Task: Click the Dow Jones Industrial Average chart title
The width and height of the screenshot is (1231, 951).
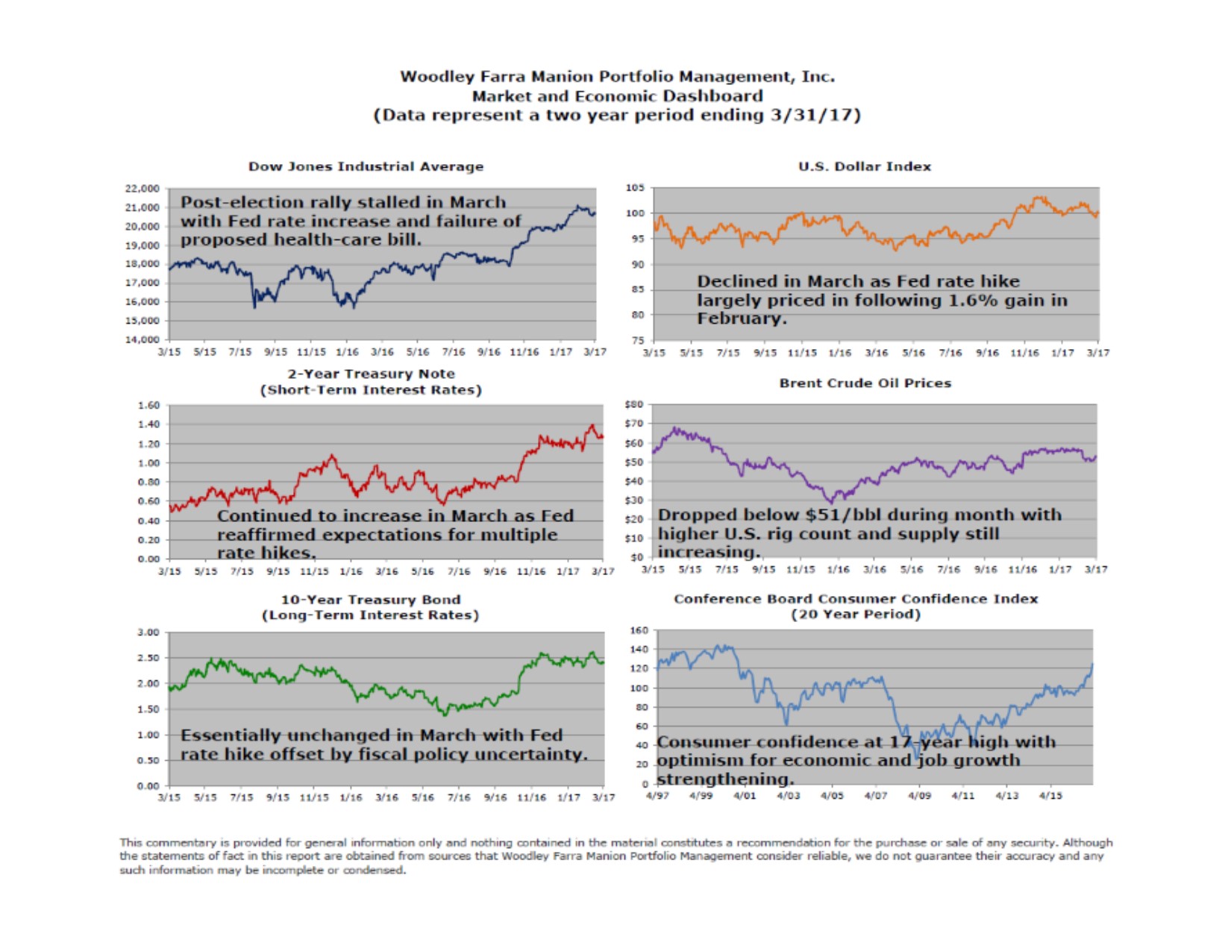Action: [x=366, y=166]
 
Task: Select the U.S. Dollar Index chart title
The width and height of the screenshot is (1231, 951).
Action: [x=865, y=166]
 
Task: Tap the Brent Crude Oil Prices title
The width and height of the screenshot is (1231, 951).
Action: [x=865, y=383]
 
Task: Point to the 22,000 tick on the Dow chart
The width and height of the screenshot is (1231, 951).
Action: [x=142, y=189]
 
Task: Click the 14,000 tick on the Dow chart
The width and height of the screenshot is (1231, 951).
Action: [x=142, y=340]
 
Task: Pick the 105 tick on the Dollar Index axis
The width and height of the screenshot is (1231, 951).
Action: [x=635, y=188]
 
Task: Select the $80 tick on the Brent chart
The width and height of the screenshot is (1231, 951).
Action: [x=633, y=405]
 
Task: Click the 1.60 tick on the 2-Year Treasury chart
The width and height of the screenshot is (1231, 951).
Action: [x=148, y=406]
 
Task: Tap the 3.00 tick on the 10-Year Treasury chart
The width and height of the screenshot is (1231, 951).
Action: [x=148, y=633]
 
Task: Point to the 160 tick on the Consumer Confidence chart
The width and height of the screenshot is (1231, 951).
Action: [x=639, y=630]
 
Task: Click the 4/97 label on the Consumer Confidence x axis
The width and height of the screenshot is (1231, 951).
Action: [x=657, y=796]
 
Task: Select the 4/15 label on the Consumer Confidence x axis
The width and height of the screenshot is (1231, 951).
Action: [x=1050, y=796]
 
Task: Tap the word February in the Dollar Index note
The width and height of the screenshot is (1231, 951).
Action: [x=742, y=318]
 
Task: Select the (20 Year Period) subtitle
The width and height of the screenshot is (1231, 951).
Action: [x=856, y=614]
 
